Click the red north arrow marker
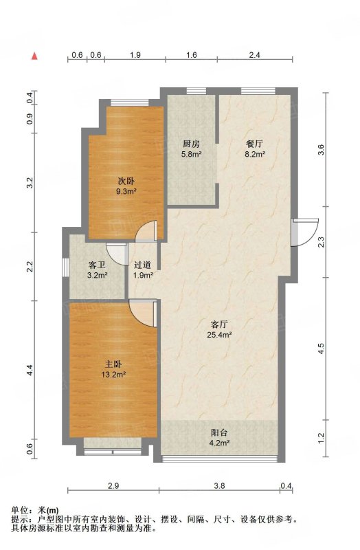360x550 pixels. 34,56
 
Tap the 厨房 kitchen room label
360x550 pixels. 191,144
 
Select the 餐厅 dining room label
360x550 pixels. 254,144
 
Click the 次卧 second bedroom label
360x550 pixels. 126,181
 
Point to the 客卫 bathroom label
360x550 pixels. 97,265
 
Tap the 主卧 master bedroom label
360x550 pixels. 113,365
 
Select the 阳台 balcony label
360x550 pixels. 219,433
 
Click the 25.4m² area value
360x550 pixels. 219,335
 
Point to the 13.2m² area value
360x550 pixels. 113,375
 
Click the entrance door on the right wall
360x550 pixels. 305,232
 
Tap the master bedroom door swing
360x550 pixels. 143,313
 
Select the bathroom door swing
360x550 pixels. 117,254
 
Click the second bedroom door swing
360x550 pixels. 146,231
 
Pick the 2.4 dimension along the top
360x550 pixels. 255,55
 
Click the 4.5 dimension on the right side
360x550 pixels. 322,349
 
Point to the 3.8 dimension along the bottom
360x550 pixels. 219,486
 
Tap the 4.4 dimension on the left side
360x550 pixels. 30,371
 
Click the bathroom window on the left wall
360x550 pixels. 65,268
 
